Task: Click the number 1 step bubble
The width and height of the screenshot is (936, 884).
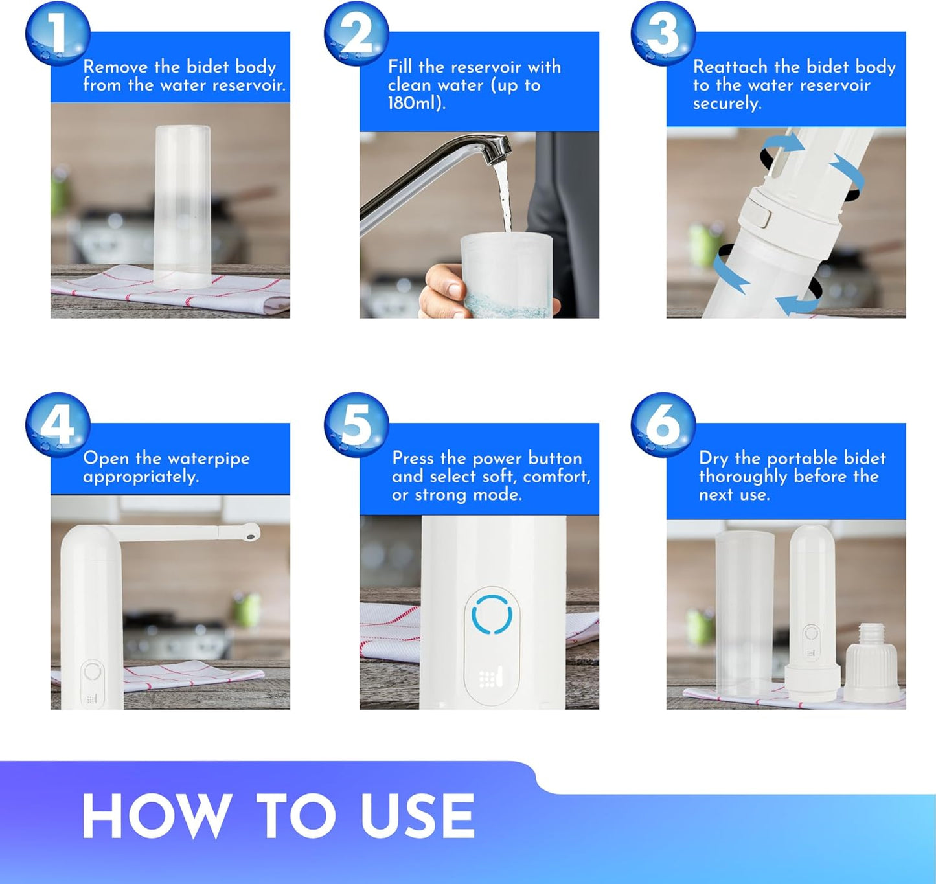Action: coord(58,34)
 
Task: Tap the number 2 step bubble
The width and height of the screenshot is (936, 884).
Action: coord(356,34)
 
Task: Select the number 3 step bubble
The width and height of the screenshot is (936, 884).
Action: coord(663,34)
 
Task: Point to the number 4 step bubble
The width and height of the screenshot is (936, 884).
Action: coord(58,425)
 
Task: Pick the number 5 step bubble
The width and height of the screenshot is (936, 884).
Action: coord(356,425)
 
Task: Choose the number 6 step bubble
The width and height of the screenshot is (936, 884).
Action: coord(663,425)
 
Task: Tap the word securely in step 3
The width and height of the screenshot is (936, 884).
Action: coord(727,104)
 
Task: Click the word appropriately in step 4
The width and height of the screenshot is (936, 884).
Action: coord(141,477)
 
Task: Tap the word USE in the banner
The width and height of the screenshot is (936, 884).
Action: coord(417,815)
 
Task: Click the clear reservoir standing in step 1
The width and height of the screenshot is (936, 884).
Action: coord(183,207)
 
